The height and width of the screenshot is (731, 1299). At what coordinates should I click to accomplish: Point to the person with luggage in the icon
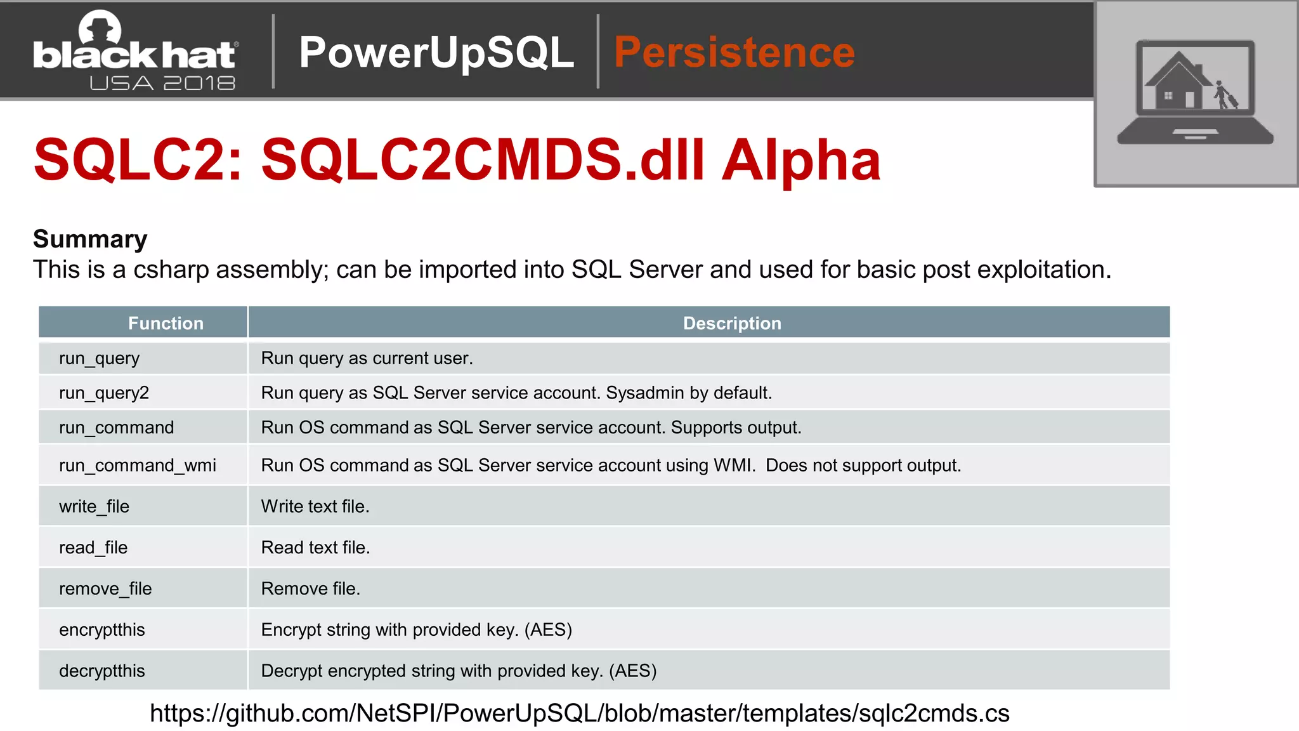pyautogui.click(x=1225, y=95)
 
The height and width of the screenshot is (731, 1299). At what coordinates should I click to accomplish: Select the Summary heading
pyautogui.click(x=90, y=239)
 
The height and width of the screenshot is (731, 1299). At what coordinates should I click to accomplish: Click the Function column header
pyautogui.click(x=166, y=323)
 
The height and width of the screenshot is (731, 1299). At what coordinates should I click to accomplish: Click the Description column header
pyautogui.click(x=732, y=323)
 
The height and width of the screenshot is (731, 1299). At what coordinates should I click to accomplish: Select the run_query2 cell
pyautogui.click(x=104, y=393)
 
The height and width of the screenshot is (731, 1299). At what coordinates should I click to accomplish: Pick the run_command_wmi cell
pyautogui.click(x=138, y=465)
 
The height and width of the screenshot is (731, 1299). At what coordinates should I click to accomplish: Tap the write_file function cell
pyautogui.click(x=95, y=506)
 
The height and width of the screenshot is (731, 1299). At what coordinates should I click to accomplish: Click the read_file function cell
pyautogui.click(x=93, y=547)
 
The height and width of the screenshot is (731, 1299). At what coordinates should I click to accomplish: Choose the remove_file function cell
pyautogui.click(x=105, y=588)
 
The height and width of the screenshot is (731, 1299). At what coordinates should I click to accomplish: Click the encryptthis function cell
pyautogui.click(x=102, y=629)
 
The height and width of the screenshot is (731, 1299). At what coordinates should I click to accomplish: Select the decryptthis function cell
pyautogui.click(x=102, y=671)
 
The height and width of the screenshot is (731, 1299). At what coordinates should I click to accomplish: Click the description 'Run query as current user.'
pyautogui.click(x=367, y=358)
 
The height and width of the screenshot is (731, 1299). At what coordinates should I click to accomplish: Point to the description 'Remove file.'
pyautogui.click(x=310, y=588)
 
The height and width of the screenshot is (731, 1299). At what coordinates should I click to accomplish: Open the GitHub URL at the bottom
pyautogui.click(x=579, y=713)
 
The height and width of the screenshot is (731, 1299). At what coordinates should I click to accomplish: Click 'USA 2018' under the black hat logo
pyautogui.click(x=162, y=83)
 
